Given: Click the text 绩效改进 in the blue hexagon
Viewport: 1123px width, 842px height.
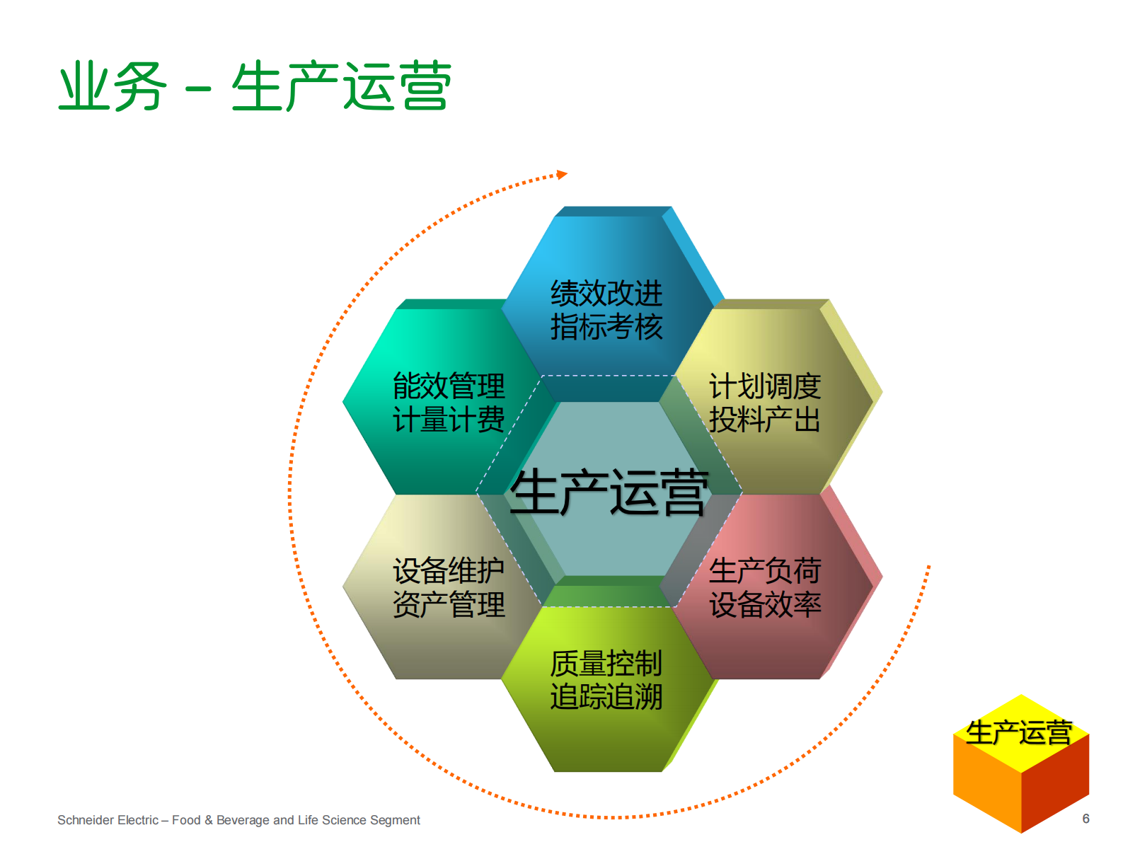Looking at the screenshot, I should pyautogui.click(x=606, y=293).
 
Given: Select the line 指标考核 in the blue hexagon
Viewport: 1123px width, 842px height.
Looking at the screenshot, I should pyautogui.click(x=606, y=327).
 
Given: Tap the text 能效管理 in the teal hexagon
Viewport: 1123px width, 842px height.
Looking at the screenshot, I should pyautogui.click(x=449, y=386).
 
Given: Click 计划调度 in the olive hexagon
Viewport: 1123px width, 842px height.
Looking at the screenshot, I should pyautogui.click(x=765, y=386).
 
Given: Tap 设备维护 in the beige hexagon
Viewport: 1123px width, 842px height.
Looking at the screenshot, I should pyautogui.click(x=449, y=570).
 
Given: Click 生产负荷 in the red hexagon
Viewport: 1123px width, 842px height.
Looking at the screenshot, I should pyautogui.click(x=765, y=570).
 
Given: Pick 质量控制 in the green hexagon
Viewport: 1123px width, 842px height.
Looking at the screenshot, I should pyautogui.click(x=606, y=664).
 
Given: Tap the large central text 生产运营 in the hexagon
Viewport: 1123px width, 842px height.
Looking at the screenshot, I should pyautogui.click(x=609, y=492).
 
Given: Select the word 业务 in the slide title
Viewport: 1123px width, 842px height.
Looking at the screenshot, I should pyautogui.click(x=112, y=86).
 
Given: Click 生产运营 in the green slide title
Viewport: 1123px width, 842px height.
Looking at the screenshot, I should pyautogui.click(x=341, y=86).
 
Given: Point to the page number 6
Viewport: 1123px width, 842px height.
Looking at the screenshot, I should pyautogui.click(x=1085, y=819).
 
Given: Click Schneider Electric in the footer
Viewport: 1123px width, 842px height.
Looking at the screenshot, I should pyautogui.click(x=108, y=820).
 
